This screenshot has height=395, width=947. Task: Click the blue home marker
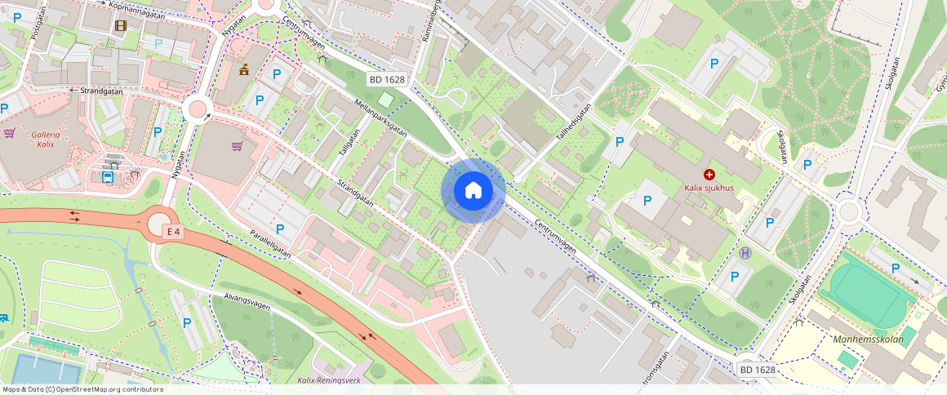coord(473,191)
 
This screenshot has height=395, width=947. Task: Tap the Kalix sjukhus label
coord(709,189)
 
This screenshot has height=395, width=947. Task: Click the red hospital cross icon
coord(709,175)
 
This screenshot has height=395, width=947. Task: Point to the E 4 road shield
coord(172,232)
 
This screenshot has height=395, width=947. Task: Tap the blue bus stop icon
coord(108,175)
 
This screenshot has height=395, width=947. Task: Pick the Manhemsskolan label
coord(868,340)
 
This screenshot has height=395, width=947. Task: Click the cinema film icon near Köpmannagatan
coord(122,26)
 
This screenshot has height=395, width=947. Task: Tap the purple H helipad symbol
coord(745,253)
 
